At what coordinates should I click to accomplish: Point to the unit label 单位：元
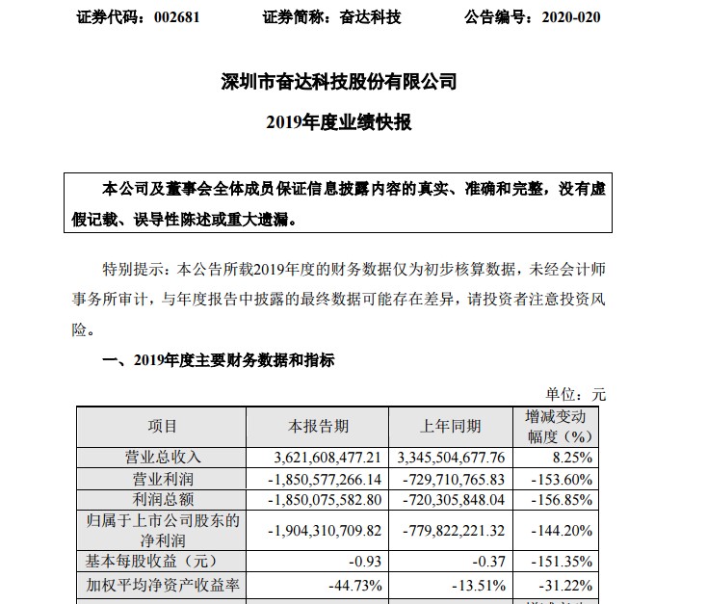[x=576, y=393]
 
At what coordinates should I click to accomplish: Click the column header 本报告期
[x=319, y=426]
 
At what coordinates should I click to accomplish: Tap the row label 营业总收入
[x=162, y=457]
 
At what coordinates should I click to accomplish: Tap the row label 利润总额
[x=162, y=501]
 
